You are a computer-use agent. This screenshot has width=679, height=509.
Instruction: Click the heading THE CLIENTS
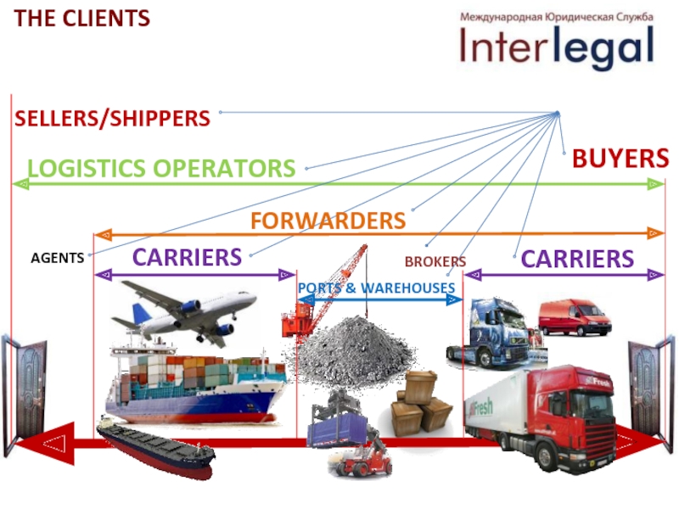click(x=82, y=18)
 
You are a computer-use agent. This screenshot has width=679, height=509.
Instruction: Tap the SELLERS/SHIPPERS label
click(x=112, y=119)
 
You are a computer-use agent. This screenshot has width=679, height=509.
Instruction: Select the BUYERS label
click(x=620, y=158)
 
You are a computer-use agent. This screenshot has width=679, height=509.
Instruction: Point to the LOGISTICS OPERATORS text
click(x=161, y=168)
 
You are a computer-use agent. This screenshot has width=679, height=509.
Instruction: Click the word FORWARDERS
click(x=328, y=221)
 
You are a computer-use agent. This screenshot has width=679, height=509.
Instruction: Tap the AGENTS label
click(x=58, y=258)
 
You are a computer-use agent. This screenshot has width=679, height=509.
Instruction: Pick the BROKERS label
click(x=435, y=262)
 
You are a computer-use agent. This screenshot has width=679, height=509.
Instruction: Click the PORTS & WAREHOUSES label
click(x=377, y=288)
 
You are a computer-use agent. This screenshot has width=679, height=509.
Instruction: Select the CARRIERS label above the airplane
click(x=187, y=256)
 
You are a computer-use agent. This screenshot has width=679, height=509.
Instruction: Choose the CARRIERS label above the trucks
click(x=577, y=259)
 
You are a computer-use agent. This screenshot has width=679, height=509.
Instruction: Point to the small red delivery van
click(x=574, y=317)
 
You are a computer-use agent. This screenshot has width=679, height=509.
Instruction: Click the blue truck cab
click(x=494, y=333)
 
